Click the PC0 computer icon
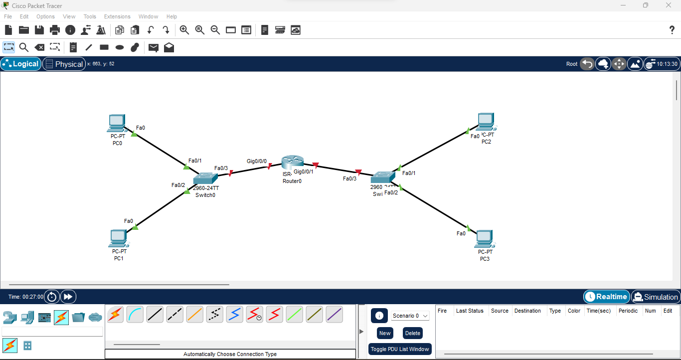pyautogui.click(x=117, y=123)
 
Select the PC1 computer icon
pyautogui.click(x=118, y=238)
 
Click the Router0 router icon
pyautogui.click(x=292, y=162)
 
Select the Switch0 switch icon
pyautogui.click(x=206, y=178)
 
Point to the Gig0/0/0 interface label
pyautogui.click(x=257, y=161)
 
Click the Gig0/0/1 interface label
pyautogui.click(x=304, y=172)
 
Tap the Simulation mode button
pyautogui.click(x=656, y=297)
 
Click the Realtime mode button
pyautogui.click(x=606, y=297)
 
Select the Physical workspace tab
pyautogui.click(x=64, y=64)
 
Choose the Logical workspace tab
pyautogui.click(x=21, y=64)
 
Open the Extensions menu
pyautogui.click(x=117, y=16)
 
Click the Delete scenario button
pyautogui.click(x=413, y=333)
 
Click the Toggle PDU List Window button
pyautogui.click(x=400, y=349)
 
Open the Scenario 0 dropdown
pyautogui.click(x=410, y=316)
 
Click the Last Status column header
pyautogui.click(x=470, y=311)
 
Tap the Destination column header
pyautogui.click(x=527, y=311)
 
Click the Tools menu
pyautogui.click(x=90, y=16)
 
